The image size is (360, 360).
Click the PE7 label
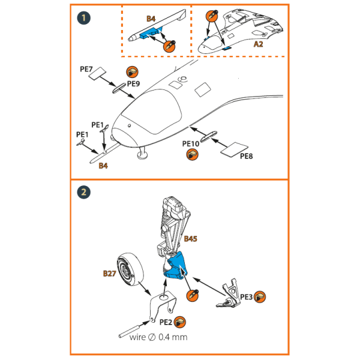[x=86, y=70]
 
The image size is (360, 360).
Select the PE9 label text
[x=133, y=84]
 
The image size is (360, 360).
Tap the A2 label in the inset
[x=259, y=44]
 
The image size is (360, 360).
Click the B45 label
[x=191, y=239]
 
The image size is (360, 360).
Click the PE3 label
[x=246, y=296]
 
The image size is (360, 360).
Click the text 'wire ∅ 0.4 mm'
[x=158, y=337]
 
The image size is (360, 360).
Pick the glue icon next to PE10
[x=192, y=155]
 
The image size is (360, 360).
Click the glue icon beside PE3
[x=260, y=296]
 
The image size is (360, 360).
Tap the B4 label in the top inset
[x=151, y=19]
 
